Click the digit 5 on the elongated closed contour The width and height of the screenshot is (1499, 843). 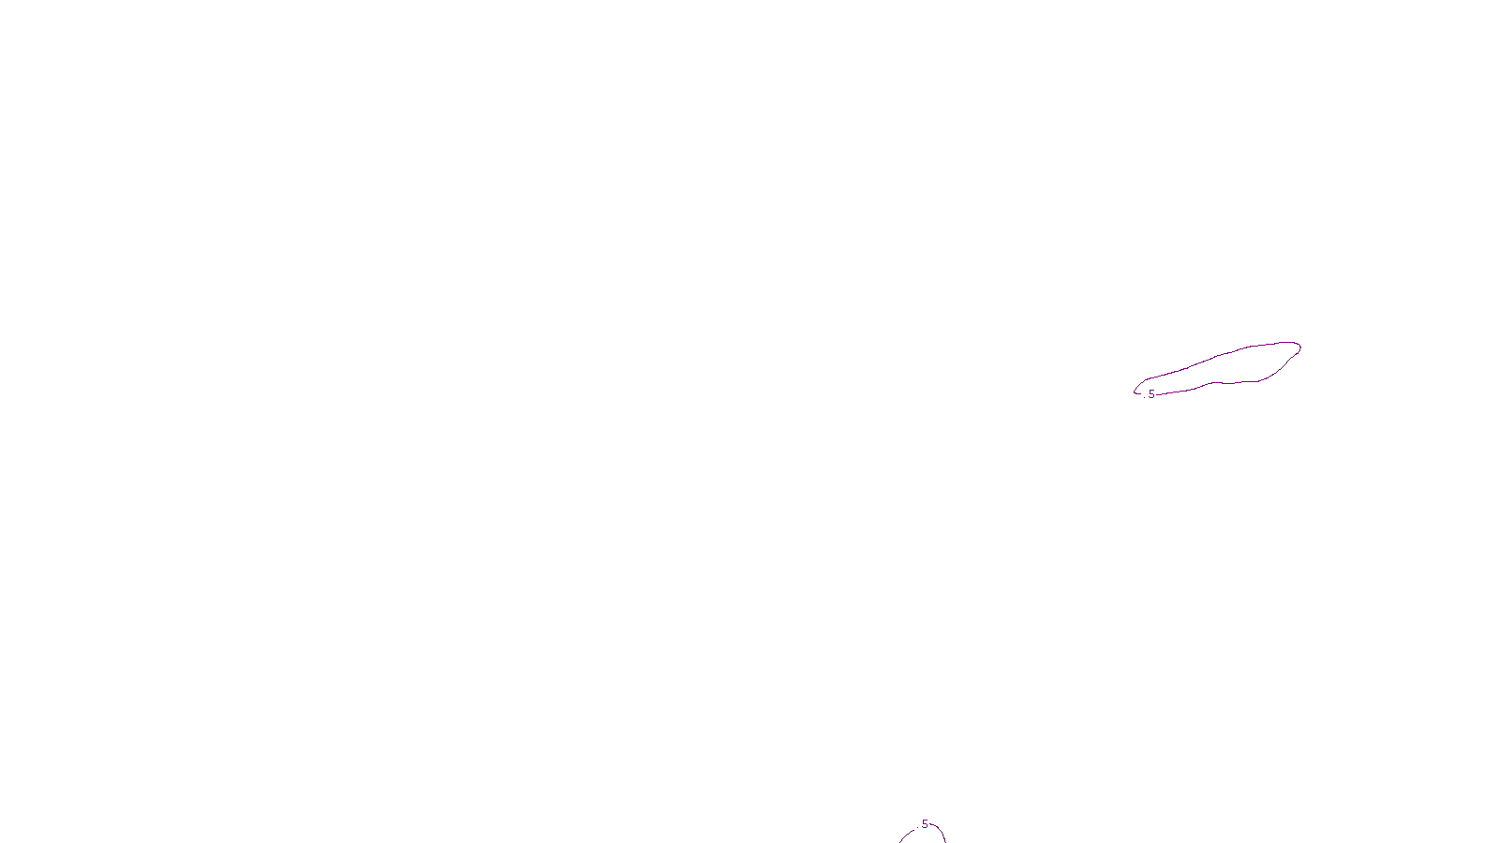tap(1151, 394)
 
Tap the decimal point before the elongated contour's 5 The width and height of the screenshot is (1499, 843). tap(1144, 397)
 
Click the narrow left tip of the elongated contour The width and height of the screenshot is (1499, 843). tap(1135, 392)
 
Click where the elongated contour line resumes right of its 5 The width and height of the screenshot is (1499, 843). tap(1156, 394)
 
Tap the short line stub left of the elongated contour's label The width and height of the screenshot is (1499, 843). tap(1137, 392)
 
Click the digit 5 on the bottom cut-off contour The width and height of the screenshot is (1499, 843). tap(925, 824)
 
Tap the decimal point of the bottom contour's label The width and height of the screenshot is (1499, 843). tap(917, 828)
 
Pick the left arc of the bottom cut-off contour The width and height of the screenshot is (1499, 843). tap(906, 835)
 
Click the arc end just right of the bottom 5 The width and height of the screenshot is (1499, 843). tap(930, 823)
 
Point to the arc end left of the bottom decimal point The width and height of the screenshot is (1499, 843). tap(914, 830)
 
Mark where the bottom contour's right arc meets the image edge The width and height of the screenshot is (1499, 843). tap(945, 842)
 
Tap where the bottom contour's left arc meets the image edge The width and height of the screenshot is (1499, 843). tap(899, 842)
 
